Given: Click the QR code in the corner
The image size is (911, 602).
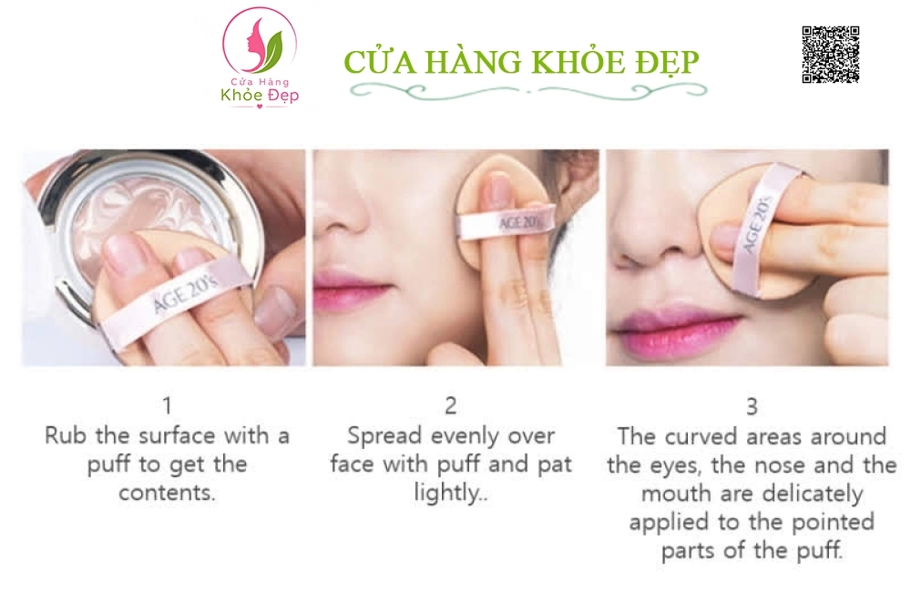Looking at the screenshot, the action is pyautogui.click(x=831, y=55).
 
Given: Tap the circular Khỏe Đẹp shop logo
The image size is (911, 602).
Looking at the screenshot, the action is pyautogui.click(x=260, y=58).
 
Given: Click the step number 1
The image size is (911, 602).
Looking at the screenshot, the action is pyautogui.click(x=168, y=405).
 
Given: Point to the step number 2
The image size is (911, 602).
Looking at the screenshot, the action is pyautogui.click(x=451, y=405).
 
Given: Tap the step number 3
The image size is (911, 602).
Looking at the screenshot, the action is pyautogui.click(x=752, y=407).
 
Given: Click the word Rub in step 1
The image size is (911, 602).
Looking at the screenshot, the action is pyautogui.click(x=67, y=435).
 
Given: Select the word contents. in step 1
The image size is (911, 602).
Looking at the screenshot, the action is pyautogui.click(x=168, y=493).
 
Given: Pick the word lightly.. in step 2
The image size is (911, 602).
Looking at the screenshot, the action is pyautogui.click(x=451, y=493).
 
